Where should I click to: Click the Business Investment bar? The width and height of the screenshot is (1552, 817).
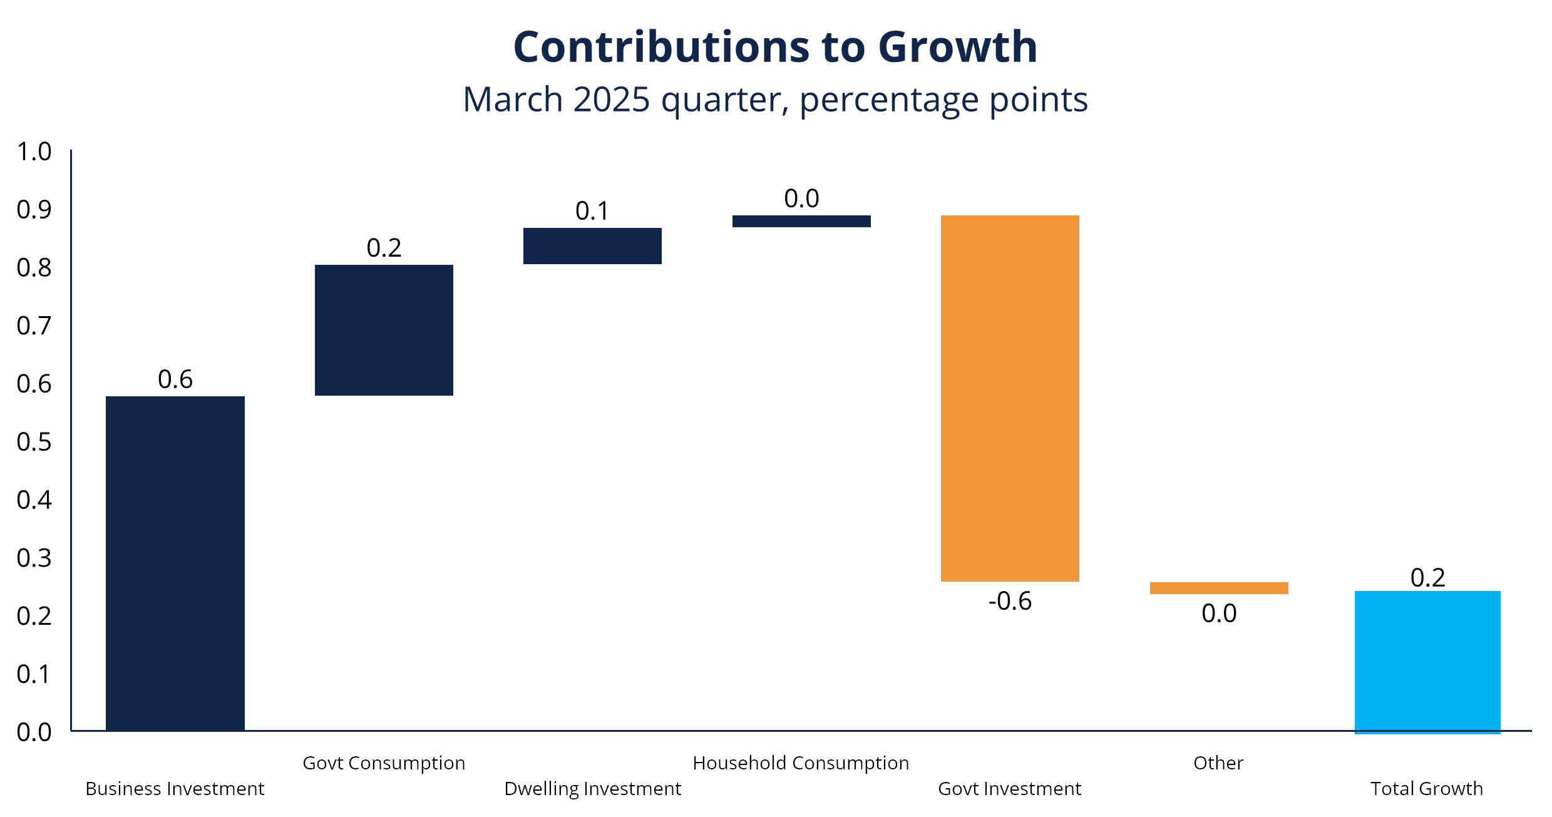pos(175,563)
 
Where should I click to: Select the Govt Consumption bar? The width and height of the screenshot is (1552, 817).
pos(384,330)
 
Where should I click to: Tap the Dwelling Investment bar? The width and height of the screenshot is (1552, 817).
pos(592,246)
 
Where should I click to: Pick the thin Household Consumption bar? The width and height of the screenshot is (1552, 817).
pos(801,221)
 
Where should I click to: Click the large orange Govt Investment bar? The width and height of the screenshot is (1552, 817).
pos(1010,398)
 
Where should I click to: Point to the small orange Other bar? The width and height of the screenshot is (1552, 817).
pos(1219,588)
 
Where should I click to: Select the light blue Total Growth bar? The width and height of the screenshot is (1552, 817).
pos(1427,662)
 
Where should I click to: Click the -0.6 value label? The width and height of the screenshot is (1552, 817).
pos(1010,601)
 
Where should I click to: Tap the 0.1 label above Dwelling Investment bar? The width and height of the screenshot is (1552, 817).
pos(592,211)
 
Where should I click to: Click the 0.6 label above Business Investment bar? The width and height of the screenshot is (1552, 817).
pos(175,379)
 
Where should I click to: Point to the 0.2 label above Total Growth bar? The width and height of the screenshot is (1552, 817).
pos(1428,577)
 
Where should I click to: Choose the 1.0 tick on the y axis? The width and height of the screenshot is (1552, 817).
pos(34,152)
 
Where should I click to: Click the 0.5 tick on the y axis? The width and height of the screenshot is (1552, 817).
pos(34,442)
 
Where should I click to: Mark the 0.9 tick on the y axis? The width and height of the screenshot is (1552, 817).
pos(34,210)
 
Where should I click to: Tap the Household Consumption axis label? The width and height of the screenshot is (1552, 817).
pos(801,763)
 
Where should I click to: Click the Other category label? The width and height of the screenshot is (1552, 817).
pos(1218,763)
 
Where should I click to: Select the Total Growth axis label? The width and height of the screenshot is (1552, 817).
pos(1427,788)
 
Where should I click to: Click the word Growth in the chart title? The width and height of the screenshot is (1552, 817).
pos(958,47)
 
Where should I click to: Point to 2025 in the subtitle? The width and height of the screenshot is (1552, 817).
pos(612,100)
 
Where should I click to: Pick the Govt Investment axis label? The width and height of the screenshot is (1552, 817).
pos(1009,788)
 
